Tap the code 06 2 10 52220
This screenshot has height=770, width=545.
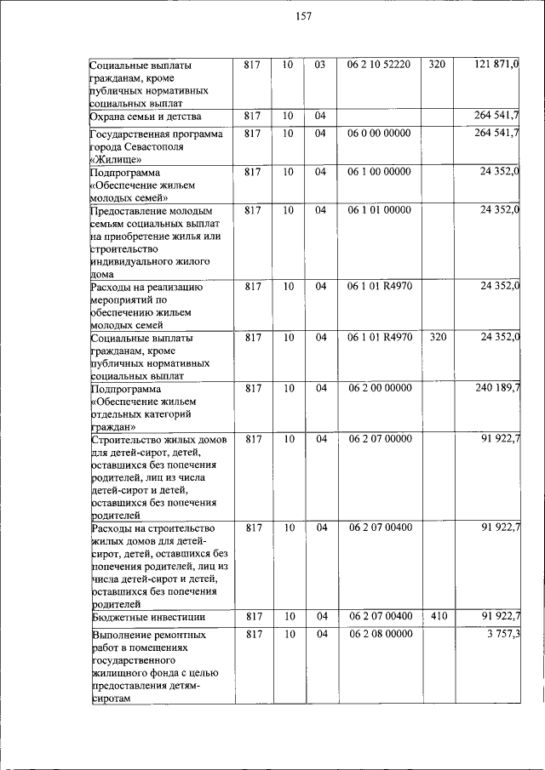pyautogui.click(x=379, y=65)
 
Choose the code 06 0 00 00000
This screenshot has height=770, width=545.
pyautogui.click(x=379, y=134)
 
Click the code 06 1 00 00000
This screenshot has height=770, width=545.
pyautogui.click(x=379, y=172)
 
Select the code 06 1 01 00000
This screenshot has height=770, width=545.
pyautogui.click(x=379, y=210)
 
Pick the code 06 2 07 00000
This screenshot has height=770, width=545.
pyautogui.click(x=379, y=439)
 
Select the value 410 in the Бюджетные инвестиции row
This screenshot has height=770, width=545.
pyautogui.click(x=437, y=616)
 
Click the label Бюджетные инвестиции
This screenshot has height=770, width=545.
pyautogui.click(x=146, y=617)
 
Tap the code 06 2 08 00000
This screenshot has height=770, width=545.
pyautogui.click(x=379, y=634)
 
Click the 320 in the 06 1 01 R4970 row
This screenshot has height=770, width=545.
pyautogui.click(x=437, y=338)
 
